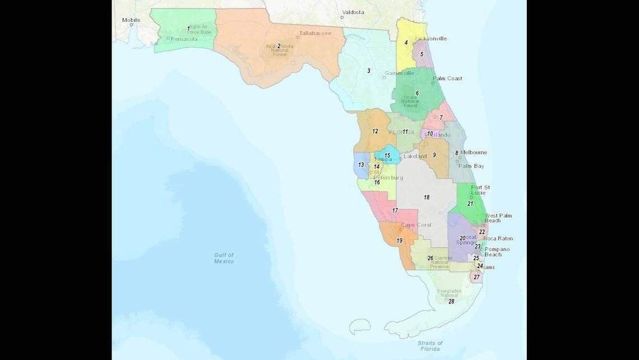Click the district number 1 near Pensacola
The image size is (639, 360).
point(188,28)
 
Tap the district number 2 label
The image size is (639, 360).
point(279,46)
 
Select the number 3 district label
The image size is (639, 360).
point(368,71)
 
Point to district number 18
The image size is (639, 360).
point(427,197)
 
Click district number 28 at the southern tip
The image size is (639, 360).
point(451,301)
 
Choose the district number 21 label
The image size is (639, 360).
point(470,204)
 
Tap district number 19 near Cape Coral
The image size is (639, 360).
point(399,241)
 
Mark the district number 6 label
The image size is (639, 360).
point(417,93)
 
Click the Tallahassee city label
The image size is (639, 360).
point(314,33)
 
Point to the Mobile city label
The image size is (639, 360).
point(131,20)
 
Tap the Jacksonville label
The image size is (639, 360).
point(430,39)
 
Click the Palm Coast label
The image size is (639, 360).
point(447,79)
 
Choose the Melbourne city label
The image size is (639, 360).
point(474,153)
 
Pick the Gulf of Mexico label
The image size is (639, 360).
point(224,258)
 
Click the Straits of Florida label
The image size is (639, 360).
point(430,345)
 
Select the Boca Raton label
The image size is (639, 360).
point(498,238)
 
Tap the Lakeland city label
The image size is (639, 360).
point(415,156)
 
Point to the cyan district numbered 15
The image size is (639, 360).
point(387,155)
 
